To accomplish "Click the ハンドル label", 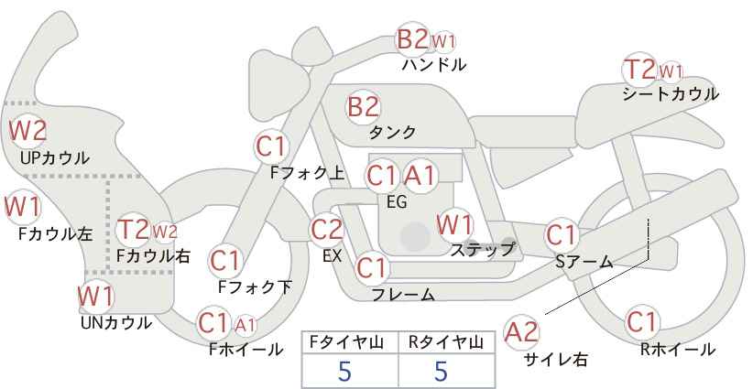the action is [x=433, y=64].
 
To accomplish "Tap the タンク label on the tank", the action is [x=392, y=132].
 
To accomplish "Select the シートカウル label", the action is [x=671, y=93].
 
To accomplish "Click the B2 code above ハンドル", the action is [x=412, y=39].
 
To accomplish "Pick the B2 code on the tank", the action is [x=363, y=106].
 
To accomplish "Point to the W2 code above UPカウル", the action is [x=27, y=131].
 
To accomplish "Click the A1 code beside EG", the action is [x=420, y=176].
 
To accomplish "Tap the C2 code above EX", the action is [x=327, y=230].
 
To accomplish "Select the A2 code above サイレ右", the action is [x=521, y=332].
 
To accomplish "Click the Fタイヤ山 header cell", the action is [x=350, y=342].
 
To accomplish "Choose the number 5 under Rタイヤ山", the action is [x=441, y=371].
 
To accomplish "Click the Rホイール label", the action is [x=678, y=350].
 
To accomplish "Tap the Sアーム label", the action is [x=584, y=262].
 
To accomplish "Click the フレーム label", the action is [x=403, y=295].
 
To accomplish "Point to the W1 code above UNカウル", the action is [x=96, y=297].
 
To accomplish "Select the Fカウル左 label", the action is [x=56, y=233].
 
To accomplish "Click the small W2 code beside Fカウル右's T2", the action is [x=165, y=232].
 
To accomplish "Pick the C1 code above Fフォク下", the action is [x=224, y=261].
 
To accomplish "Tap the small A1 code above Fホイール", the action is [x=245, y=326].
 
